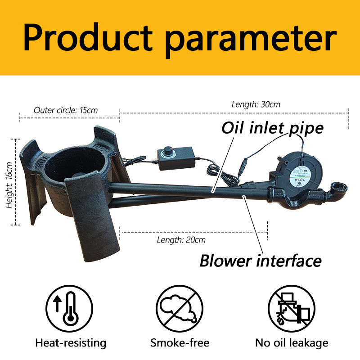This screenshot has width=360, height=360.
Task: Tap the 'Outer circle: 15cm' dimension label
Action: pyautogui.click(x=66, y=110)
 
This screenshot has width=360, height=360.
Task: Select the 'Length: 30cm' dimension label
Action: pyautogui.click(x=256, y=104)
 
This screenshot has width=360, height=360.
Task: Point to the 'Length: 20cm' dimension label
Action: pyautogui.click(x=181, y=240)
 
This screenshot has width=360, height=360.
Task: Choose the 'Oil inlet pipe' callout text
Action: pyautogui.click(x=272, y=128)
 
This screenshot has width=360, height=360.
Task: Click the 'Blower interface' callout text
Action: pyautogui.click(x=261, y=261)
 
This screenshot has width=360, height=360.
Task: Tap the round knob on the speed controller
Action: pyautogui.click(x=170, y=150)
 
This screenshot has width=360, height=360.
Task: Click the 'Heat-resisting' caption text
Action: pyautogui.click(x=71, y=343)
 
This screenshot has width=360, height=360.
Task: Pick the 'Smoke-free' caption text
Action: pyautogui.click(x=180, y=343)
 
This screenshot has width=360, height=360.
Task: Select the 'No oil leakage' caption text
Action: pyautogui.click(x=292, y=343)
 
